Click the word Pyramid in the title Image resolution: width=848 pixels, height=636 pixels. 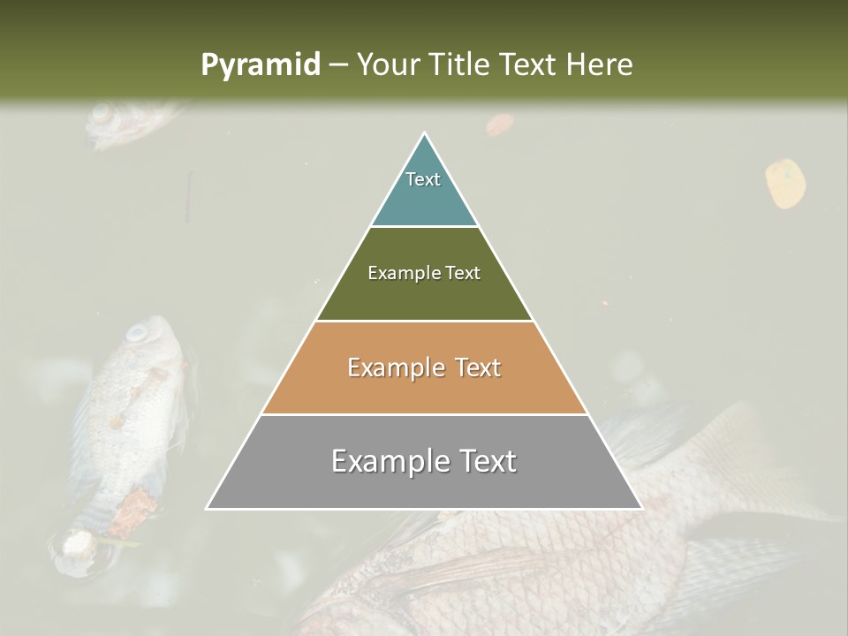(x=261, y=65)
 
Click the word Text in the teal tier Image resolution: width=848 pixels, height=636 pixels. (x=423, y=179)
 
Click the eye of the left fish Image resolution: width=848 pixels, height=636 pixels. (x=138, y=334)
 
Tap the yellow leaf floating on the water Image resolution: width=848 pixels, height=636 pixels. (x=784, y=183)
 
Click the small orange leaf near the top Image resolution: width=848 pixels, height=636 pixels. (x=499, y=125)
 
